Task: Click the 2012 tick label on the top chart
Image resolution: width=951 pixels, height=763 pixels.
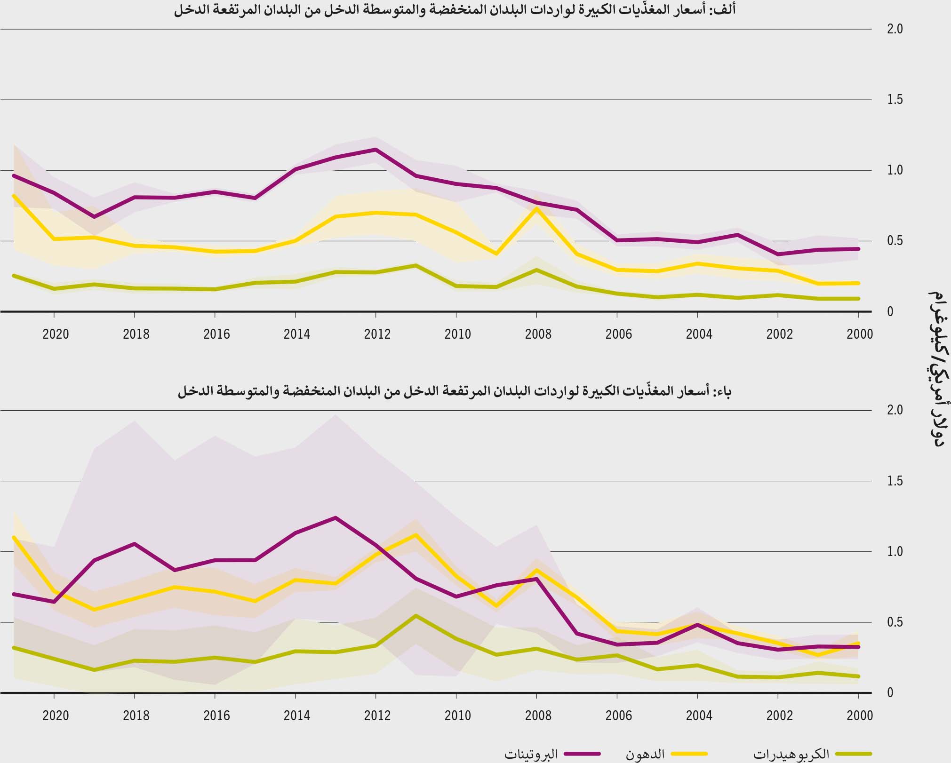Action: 377,334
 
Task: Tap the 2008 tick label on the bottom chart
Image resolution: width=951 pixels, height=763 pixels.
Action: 538,715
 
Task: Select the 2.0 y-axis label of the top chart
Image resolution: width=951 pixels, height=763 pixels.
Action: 895,29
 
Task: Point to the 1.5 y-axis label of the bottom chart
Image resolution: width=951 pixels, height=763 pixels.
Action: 895,481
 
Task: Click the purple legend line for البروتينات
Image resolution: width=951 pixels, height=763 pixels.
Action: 582,754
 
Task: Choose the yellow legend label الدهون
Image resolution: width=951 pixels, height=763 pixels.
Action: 645,754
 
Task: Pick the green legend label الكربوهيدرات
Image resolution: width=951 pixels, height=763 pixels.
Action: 791,754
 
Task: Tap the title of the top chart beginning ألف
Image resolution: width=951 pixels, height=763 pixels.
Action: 454,10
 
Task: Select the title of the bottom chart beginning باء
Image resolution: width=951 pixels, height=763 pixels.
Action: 454,391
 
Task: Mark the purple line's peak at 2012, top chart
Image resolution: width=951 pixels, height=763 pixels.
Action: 376,150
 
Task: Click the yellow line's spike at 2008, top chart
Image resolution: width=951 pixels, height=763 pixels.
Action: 536,208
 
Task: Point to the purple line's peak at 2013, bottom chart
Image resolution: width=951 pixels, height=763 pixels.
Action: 335,518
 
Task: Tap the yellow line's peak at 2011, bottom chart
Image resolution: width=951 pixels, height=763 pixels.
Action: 416,535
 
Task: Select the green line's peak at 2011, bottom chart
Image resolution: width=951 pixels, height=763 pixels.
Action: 416,615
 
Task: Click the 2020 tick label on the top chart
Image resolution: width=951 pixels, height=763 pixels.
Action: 56,334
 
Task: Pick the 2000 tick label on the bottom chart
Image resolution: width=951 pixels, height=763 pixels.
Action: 859,715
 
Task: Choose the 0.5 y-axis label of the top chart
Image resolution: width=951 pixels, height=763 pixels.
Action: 895,241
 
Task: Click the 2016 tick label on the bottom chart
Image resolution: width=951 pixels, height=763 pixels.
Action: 216,715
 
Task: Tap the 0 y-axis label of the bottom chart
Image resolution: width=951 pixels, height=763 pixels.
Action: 890,692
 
